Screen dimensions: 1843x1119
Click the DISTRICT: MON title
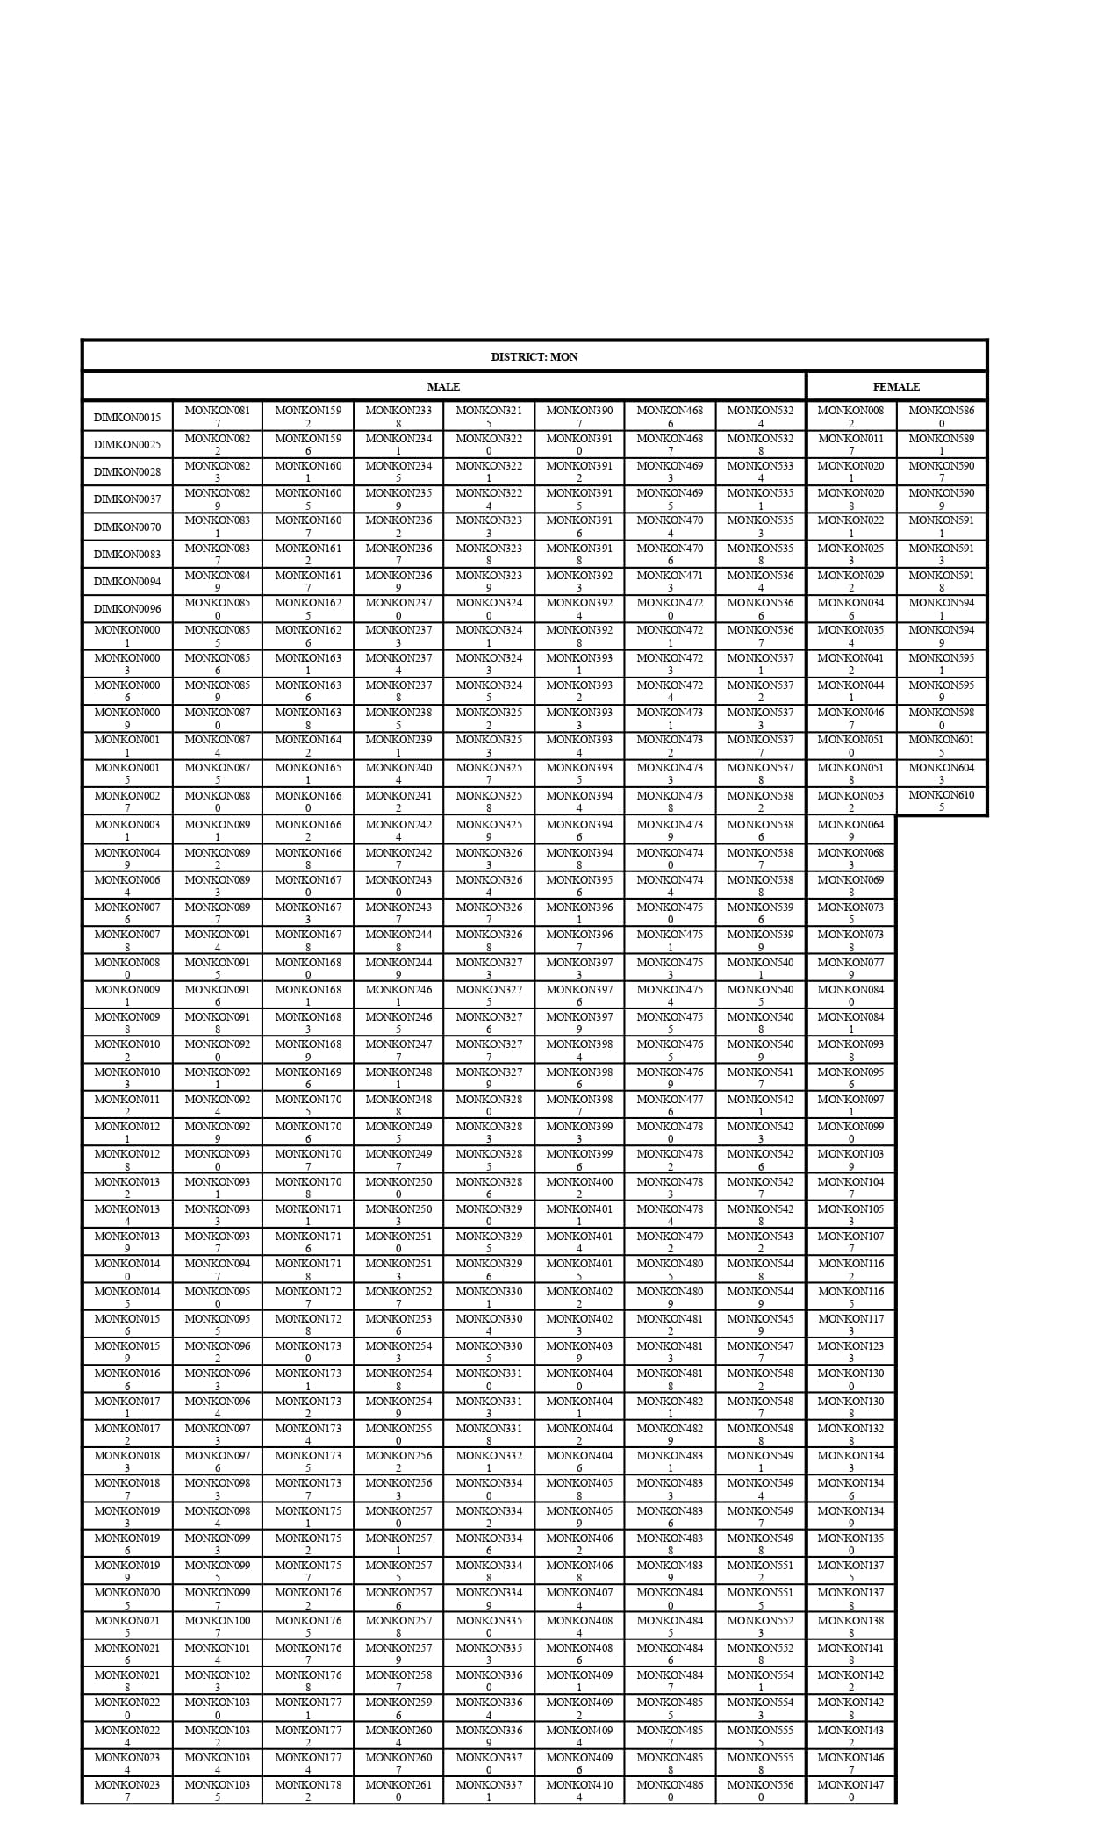(534, 356)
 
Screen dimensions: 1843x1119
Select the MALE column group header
(443, 386)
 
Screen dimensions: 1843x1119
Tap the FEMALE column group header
(896, 386)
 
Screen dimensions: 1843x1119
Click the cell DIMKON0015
(127, 417)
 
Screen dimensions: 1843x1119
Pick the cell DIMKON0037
(127, 499)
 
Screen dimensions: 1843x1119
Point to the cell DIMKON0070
(127, 527)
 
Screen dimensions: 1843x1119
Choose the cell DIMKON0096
(127, 609)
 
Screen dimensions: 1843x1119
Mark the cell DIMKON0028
(127, 472)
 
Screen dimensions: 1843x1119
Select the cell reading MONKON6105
(941, 801)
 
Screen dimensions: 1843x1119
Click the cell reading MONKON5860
(941, 417)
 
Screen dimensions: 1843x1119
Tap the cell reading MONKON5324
(760, 417)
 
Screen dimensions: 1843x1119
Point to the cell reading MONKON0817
(218, 417)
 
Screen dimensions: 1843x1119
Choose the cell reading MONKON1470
(850, 1790)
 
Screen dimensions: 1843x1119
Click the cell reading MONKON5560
(760, 1790)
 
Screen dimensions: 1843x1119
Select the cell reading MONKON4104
(579, 1790)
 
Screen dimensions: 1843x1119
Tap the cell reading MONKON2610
(398, 1790)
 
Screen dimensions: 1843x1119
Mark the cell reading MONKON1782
(308, 1790)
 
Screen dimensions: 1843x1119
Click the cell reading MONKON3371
(489, 1790)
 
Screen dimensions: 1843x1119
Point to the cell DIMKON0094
(127, 582)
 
